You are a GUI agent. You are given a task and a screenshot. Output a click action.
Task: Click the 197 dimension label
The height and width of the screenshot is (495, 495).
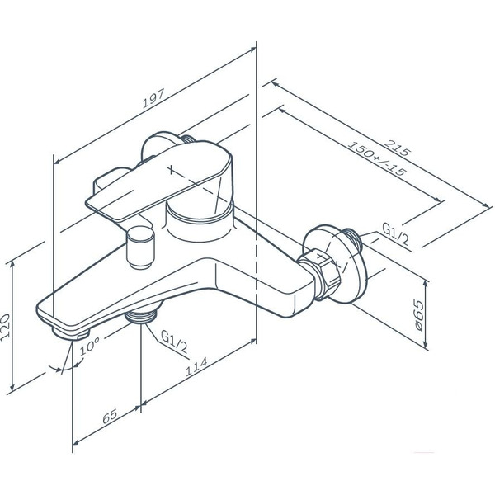point(153,98)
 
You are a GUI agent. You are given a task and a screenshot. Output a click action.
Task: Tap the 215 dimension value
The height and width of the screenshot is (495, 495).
point(398,148)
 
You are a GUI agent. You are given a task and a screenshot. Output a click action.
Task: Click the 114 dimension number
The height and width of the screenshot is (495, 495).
point(196,366)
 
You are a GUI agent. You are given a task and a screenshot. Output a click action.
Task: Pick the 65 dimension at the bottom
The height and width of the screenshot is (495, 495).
point(110,416)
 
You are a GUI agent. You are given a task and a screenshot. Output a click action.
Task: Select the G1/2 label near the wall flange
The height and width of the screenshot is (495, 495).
point(395,234)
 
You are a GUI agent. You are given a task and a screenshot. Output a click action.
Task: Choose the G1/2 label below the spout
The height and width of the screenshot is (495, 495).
point(174,342)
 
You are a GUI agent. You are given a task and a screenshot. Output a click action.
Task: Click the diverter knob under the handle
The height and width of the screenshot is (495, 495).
point(140,247)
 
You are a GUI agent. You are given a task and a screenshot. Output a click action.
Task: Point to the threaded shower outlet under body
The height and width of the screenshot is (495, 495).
point(141,316)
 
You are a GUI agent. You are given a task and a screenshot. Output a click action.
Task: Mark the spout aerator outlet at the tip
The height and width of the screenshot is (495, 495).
point(70,333)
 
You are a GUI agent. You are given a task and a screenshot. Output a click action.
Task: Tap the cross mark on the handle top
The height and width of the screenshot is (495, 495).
point(171,170)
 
